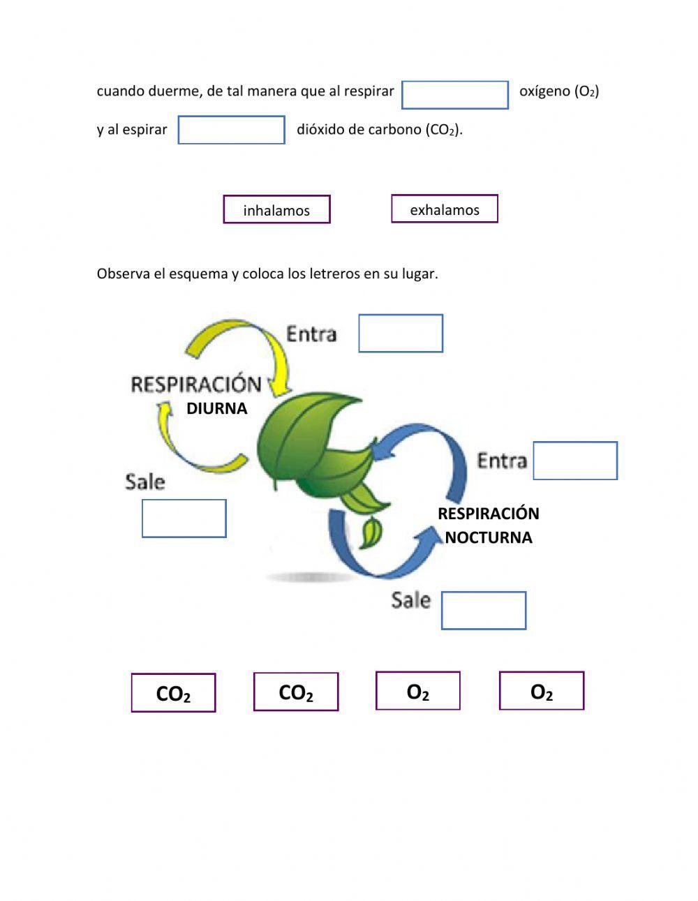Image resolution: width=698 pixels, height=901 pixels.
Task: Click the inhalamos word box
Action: coord(276,209)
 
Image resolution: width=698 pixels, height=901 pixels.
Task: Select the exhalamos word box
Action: coord(445,209)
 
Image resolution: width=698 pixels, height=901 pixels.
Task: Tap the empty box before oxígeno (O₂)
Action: coord(455,95)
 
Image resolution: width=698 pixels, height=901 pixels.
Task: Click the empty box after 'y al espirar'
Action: coord(232,130)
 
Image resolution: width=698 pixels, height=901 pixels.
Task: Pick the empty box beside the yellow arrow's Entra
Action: coord(401,334)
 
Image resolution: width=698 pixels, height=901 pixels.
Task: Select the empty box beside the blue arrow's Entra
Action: coord(575,461)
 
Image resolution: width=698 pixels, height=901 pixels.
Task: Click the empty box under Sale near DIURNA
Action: coord(184,519)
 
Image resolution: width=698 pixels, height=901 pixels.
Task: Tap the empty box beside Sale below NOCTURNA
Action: coord(484,611)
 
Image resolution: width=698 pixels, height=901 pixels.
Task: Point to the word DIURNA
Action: coord(216,409)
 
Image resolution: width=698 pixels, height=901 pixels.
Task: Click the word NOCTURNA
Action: coord(489,537)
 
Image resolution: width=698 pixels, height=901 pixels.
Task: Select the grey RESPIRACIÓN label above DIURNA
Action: coord(196,385)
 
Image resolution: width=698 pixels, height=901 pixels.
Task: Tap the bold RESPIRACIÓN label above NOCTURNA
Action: coord(489,514)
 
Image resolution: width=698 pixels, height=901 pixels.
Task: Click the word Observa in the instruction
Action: coord(123,274)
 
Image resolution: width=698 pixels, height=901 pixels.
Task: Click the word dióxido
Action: coord(319,130)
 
